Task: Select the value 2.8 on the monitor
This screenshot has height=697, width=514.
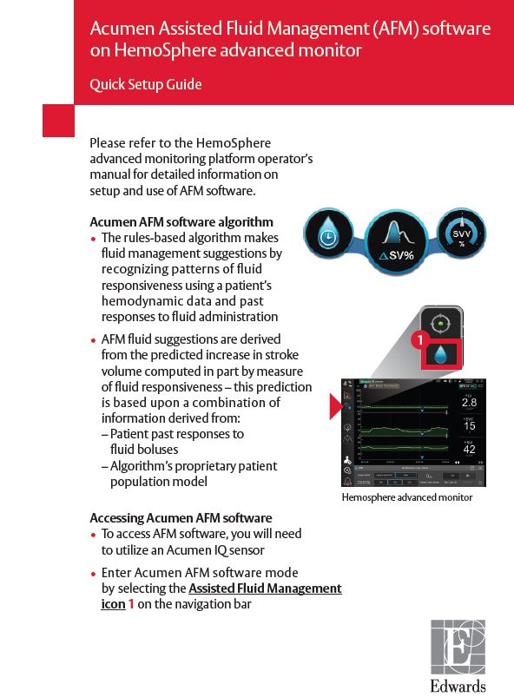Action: point(469,403)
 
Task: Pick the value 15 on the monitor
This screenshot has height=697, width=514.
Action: point(469,426)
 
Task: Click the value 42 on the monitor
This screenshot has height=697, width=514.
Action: point(469,449)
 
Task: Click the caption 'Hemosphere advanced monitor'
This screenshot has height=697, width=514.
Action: point(406,497)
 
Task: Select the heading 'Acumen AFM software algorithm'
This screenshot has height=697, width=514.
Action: point(181,222)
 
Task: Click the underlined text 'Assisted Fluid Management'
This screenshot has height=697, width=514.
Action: point(265,589)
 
